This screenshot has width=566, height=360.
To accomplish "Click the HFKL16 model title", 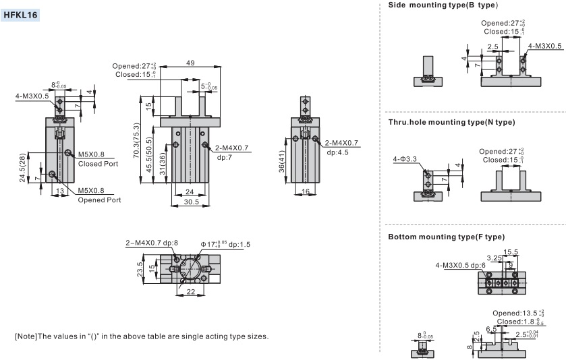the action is point(20,15).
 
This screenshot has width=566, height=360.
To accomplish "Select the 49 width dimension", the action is point(190,63).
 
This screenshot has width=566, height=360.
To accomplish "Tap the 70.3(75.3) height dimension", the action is point(136,140).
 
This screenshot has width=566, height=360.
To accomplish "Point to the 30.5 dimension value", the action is point(192,202).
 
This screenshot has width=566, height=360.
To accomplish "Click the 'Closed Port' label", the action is point(98,164).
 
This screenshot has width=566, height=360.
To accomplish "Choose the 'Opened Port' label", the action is point(100,200).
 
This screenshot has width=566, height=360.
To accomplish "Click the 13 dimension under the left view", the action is point(60,191).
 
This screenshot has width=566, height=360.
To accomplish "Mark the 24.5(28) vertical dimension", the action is point(22,168).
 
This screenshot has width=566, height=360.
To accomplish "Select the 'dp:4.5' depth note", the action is point(337,152).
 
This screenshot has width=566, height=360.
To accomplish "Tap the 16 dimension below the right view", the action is point(306,191).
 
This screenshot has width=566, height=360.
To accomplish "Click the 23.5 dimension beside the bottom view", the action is point(140,269).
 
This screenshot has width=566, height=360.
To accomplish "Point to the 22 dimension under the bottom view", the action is point(191,291).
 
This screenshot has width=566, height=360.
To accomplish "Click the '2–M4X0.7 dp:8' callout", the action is point(152,243).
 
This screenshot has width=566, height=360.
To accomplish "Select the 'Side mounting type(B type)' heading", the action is point(443,5).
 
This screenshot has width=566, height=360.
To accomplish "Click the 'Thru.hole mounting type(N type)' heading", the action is point(451,122).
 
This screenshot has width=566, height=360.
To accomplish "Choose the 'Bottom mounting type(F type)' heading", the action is point(446,237).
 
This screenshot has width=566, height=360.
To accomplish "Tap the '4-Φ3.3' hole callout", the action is point(405,158).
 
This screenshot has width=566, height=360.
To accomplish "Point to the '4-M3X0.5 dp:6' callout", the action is point(460,265).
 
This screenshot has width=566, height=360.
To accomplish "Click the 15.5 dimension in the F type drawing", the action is point(511,251).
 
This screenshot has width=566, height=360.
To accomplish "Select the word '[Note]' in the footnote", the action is point(26,336).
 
